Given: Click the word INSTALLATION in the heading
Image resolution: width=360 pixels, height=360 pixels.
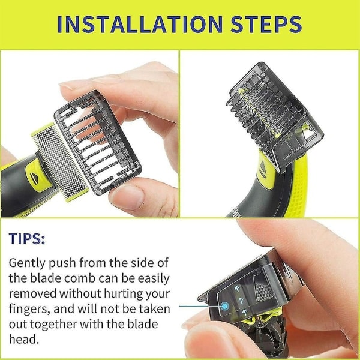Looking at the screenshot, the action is [140, 25].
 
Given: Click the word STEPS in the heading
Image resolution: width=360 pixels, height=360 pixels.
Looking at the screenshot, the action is [266, 25].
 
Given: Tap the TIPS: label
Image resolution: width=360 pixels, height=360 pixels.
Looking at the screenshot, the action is [27, 239].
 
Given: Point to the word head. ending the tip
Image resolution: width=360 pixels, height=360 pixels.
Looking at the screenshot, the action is [24, 339].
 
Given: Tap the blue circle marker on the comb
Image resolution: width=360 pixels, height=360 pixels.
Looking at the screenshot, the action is [225, 306].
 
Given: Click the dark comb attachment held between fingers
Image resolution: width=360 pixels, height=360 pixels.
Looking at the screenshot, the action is [98, 142].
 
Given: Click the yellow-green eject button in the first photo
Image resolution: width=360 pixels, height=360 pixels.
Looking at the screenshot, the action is [36, 176].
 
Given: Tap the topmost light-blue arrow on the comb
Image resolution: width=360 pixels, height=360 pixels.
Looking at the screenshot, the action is [237, 289].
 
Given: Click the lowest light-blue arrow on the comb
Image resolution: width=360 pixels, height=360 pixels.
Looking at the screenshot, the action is [245, 312].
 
